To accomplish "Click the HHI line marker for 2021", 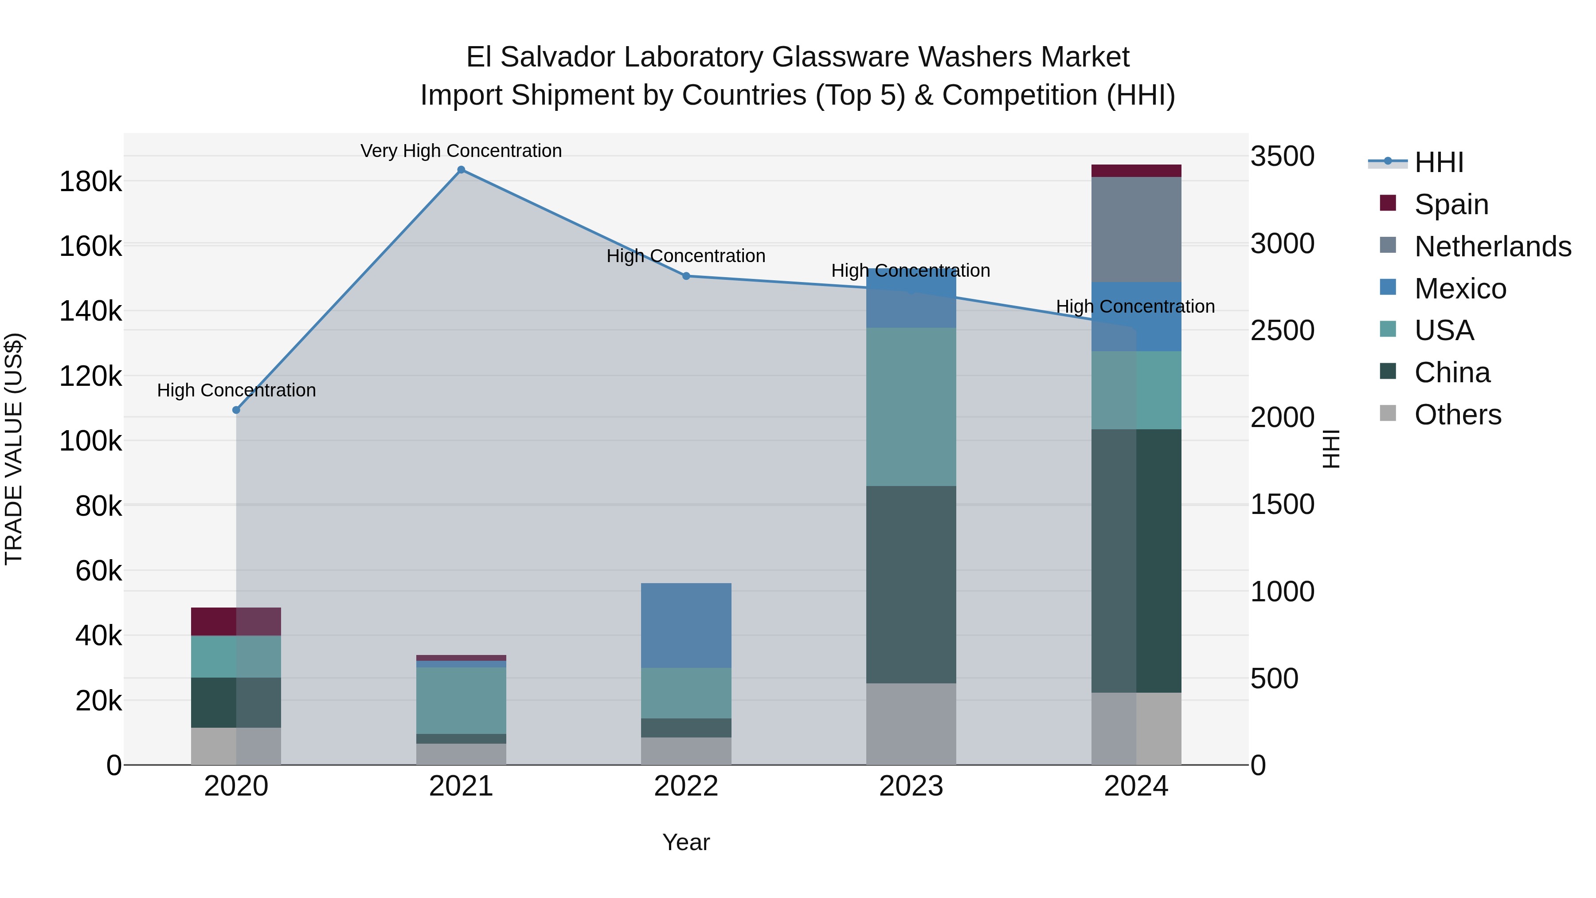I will [x=461, y=170].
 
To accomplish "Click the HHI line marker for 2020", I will [x=236, y=410].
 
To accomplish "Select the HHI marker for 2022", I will [x=686, y=276].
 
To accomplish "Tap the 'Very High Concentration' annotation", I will [x=461, y=151].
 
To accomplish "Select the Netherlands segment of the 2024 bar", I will [x=1136, y=229].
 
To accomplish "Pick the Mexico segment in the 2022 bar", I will [x=686, y=625].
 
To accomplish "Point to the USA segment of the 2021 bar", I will [x=461, y=700].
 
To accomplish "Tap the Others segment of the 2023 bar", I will [x=911, y=724].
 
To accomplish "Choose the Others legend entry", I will [x=1457, y=414].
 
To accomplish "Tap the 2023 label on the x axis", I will [x=911, y=786].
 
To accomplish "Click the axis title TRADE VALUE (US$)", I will [x=14, y=449].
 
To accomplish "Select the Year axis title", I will [x=686, y=842].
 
